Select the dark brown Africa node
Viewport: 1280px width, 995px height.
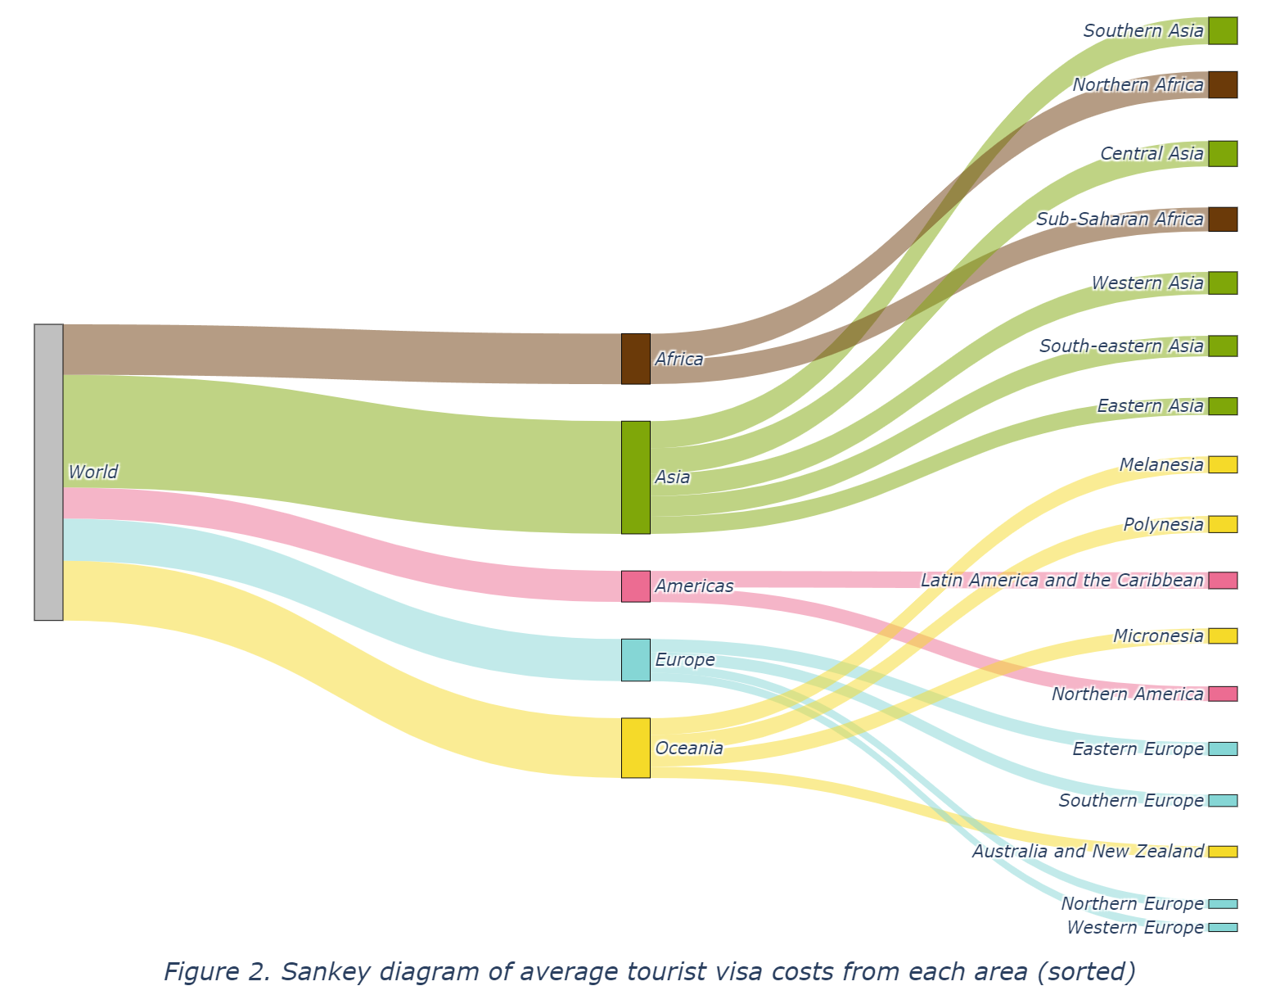[635, 359]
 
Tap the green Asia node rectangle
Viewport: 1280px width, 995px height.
[635, 477]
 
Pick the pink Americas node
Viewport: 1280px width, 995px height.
[635, 586]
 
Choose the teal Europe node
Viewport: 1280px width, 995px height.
[635, 660]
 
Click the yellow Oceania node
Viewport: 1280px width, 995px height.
[635, 748]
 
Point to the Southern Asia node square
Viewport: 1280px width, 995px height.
[1223, 30]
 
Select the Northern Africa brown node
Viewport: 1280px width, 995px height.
[1223, 84]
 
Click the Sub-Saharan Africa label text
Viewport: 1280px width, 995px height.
[1120, 219]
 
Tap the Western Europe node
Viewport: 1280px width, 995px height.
[1223, 927]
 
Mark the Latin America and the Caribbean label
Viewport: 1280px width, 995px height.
[1061, 581]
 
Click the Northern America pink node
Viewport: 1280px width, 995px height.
[1223, 694]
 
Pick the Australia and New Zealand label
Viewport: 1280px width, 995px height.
[1088, 852]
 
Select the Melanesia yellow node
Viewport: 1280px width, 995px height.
[1223, 464]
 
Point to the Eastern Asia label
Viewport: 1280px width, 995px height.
[1150, 406]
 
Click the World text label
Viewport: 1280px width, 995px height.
[93, 472]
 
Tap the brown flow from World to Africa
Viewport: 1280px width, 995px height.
[327, 352]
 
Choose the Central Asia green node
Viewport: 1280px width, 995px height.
[1223, 153]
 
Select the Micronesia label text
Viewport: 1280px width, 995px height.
[1158, 636]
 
